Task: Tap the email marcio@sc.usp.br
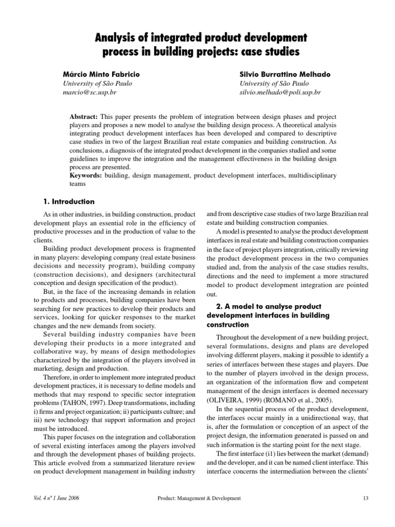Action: tap(88, 93)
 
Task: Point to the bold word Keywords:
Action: tap(86, 175)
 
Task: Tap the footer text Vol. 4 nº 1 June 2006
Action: tap(56, 498)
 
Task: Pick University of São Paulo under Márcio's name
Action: tap(93, 83)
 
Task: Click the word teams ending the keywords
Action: tap(78, 183)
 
